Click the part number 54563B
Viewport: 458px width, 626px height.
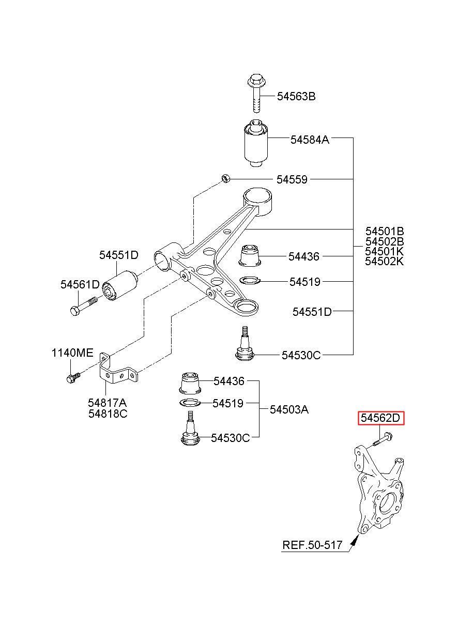(x=296, y=97)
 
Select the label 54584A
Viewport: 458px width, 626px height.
(x=310, y=140)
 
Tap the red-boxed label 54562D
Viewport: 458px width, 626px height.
(x=380, y=425)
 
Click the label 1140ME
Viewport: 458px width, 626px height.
(x=72, y=353)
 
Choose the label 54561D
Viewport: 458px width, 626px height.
(x=80, y=284)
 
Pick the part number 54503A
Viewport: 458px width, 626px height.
(x=289, y=410)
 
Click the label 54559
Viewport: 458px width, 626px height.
(x=292, y=179)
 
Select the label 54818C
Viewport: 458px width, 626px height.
(x=108, y=414)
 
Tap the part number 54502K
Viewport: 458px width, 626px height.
(x=384, y=261)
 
